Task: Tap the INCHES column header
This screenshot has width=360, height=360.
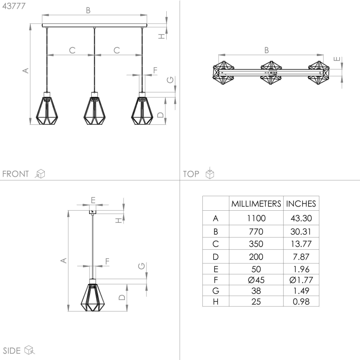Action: click(301, 204)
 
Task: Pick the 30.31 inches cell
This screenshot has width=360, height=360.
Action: click(301, 231)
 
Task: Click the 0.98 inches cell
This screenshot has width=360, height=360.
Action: click(301, 302)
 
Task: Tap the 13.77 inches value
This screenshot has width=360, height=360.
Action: click(301, 243)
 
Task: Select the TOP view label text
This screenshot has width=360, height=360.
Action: click(191, 174)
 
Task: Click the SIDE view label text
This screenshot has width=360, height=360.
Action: click(12, 350)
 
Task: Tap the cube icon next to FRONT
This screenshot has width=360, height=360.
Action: click(40, 174)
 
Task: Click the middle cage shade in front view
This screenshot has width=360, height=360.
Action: click(94, 110)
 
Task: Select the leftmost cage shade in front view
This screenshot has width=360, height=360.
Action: click(46, 110)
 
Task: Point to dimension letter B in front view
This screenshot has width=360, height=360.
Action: click(88, 10)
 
